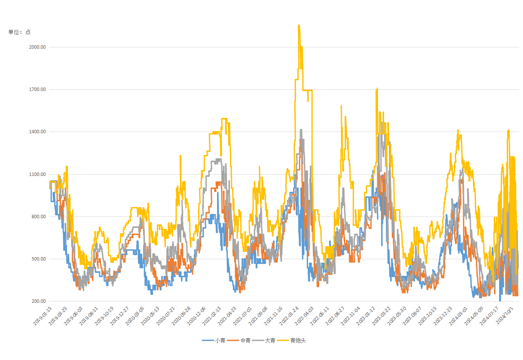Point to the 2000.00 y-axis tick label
37,47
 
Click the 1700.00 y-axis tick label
37,89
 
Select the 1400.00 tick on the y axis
37,132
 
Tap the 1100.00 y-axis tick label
37,174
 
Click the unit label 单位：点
20,32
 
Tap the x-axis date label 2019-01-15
43,316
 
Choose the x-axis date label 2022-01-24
288,316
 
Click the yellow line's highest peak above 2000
299,25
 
